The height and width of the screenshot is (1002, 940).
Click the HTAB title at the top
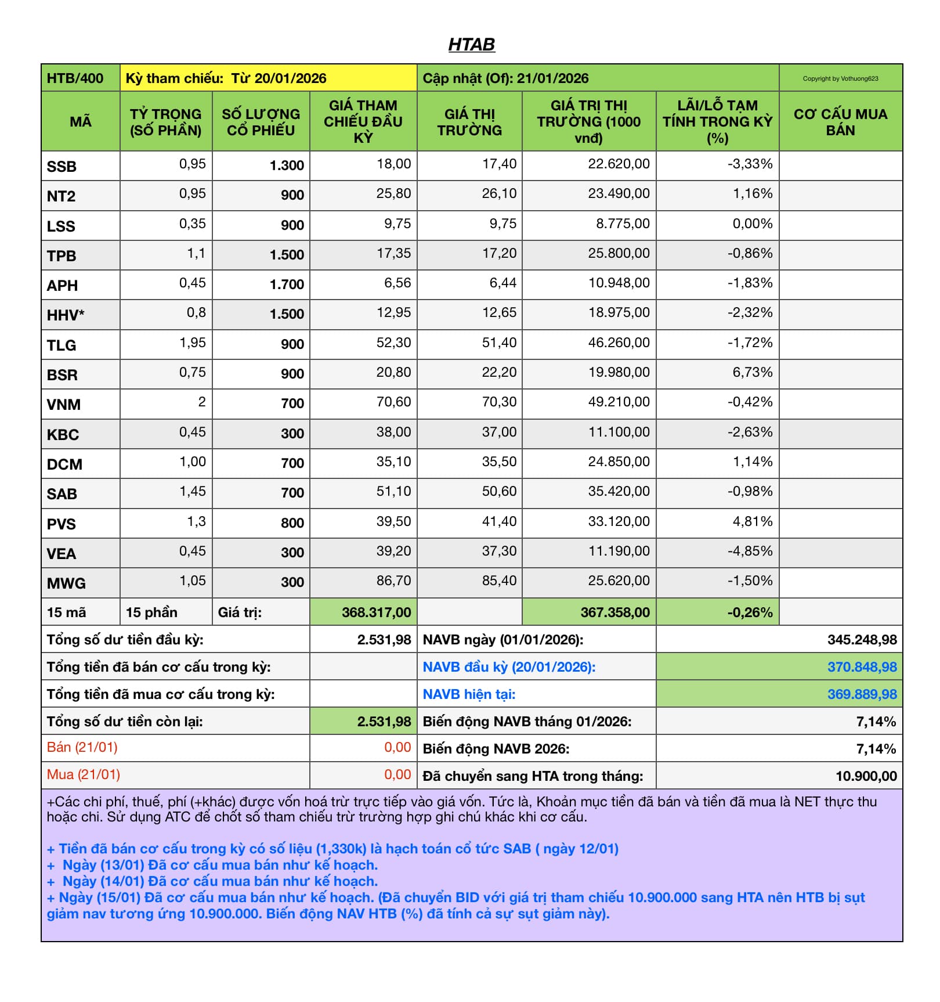coord(471,44)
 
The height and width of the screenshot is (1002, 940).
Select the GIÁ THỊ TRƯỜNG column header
coord(469,122)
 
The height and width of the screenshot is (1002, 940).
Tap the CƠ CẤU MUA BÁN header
coord(840,122)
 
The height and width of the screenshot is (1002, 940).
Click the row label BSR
coord(62,375)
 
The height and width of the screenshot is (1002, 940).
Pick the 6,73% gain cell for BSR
coord(752,372)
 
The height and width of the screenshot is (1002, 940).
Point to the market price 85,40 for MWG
coord(499,581)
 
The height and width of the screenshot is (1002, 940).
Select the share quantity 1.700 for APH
coord(287,284)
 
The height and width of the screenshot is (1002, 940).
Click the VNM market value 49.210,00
coord(619,402)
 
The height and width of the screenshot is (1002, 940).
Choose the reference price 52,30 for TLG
coord(393,343)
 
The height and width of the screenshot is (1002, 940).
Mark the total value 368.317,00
coord(376,612)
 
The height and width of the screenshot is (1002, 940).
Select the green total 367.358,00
coord(615,612)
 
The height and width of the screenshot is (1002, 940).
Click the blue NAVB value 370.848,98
coord(862,667)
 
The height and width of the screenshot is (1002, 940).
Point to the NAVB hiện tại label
coord(469,694)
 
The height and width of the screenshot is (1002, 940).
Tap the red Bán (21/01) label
coord(82,747)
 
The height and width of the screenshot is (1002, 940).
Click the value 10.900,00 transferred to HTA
coord(866,776)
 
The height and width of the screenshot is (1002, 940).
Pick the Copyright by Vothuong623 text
coord(840,78)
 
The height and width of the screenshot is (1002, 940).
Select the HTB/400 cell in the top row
coord(75,78)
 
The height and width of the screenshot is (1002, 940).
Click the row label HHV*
coord(66,315)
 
